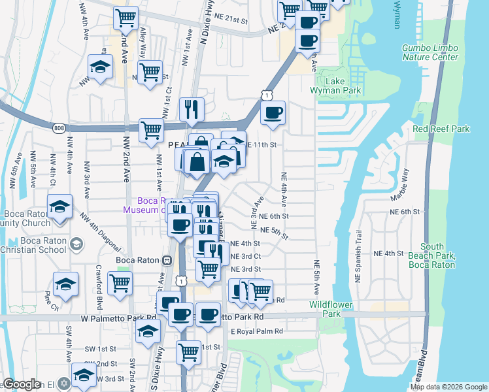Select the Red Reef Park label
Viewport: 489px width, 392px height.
point(441,129)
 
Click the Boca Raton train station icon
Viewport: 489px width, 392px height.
point(167,260)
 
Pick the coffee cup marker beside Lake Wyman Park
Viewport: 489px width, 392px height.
point(273,112)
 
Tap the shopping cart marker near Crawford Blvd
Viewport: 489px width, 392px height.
point(120,285)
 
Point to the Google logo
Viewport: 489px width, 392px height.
point(22,384)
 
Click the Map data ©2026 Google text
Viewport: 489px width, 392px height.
point(448,387)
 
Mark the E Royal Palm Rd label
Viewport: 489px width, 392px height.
point(256,331)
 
